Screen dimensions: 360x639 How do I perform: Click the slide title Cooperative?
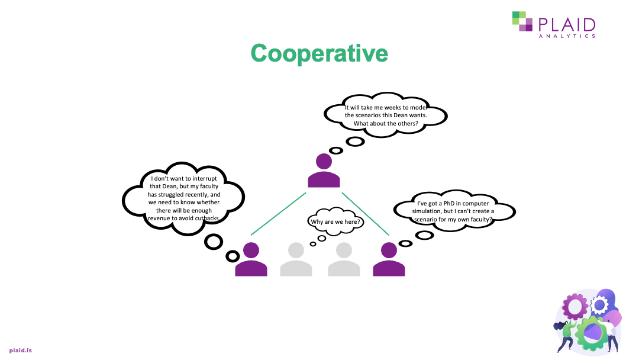[319, 53]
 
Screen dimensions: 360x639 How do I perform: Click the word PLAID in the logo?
[566, 24]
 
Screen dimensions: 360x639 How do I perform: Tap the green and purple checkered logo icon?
[522, 21]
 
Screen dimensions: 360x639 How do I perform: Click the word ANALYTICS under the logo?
[566, 36]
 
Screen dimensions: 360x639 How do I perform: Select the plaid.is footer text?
[20, 351]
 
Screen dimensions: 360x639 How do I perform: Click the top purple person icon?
[324, 171]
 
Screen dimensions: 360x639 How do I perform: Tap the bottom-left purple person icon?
[251, 260]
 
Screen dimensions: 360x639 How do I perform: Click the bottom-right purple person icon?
[389, 260]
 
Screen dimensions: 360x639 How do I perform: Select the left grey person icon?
[296, 260]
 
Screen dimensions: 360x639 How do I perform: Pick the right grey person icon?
[344, 260]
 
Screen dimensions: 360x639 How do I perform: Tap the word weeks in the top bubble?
[395, 108]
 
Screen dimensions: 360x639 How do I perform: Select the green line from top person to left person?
[278, 214]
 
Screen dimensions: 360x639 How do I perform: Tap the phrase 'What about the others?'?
[385, 124]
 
